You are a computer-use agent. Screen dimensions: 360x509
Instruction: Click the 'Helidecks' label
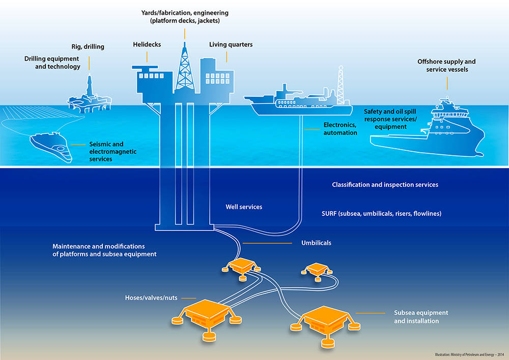[x=147, y=45]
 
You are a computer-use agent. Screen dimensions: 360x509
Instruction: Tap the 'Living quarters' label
[x=231, y=45]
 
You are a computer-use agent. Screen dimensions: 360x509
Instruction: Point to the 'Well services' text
[x=244, y=207]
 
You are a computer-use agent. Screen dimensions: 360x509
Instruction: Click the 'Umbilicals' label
[x=316, y=243]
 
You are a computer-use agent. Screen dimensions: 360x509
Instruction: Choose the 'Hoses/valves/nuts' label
[x=151, y=298]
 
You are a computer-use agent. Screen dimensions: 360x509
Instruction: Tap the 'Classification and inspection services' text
[x=385, y=185]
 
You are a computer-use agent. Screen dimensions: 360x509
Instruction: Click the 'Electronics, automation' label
[x=340, y=129]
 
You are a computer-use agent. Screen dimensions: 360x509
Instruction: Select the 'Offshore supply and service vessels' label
[x=447, y=65]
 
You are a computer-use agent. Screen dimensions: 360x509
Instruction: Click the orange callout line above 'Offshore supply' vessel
[x=447, y=84]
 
